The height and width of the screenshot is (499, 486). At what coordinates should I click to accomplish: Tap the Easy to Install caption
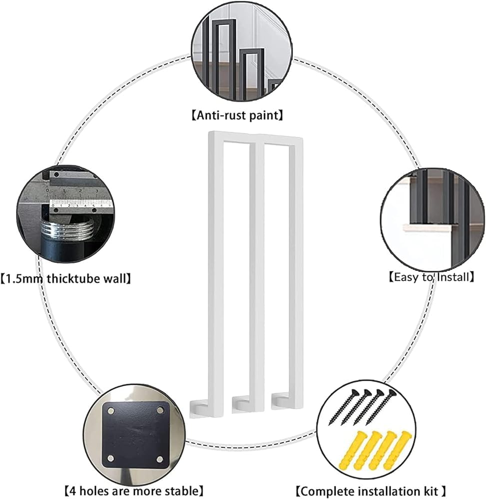click(430, 276)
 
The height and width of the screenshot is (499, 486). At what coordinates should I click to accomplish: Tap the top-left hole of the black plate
click(108, 411)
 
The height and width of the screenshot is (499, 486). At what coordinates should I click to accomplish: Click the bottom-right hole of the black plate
click(159, 459)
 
